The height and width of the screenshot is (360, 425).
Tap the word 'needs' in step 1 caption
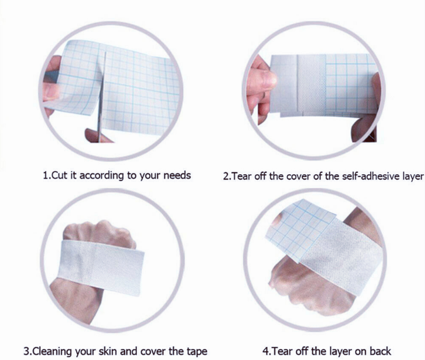coord(176,176)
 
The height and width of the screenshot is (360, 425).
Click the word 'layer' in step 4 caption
coord(334,351)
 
